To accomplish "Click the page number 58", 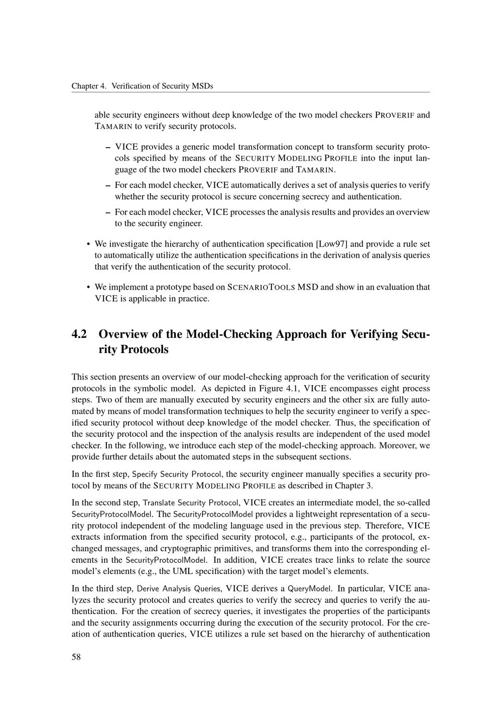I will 76,658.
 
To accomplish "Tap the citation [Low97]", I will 332,245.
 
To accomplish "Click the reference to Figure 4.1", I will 282,389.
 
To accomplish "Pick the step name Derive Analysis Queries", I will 179,588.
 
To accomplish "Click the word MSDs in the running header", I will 203,86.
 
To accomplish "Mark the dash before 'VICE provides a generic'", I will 108,147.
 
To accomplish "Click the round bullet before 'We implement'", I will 88,288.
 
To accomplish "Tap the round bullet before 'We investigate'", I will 88,245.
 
